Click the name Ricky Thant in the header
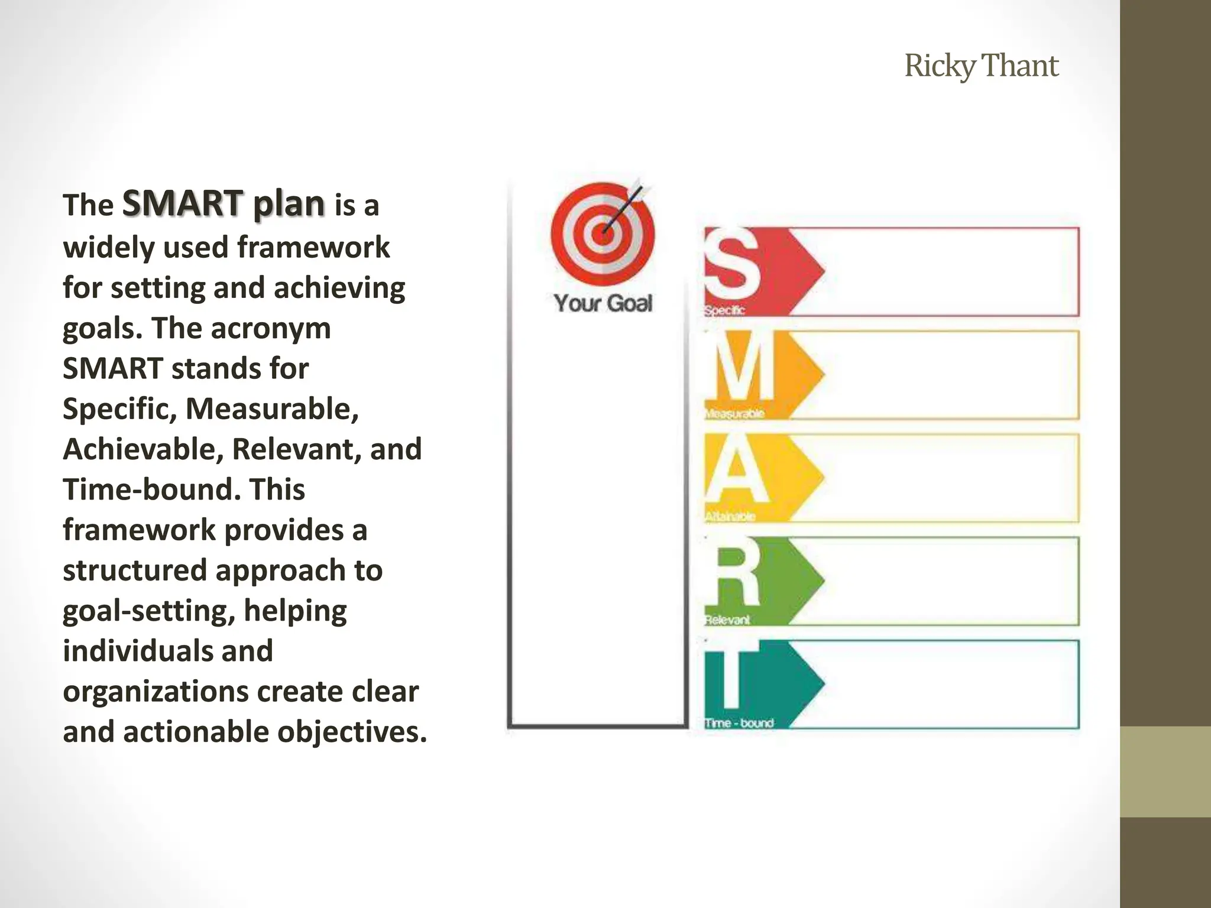point(981,66)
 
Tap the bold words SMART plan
point(224,203)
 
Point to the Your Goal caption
point(603,303)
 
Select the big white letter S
point(733,264)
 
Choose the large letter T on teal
point(732,678)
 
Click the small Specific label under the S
point(725,310)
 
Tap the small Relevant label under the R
point(727,620)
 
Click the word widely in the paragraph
point(108,247)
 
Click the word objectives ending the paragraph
point(352,732)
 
